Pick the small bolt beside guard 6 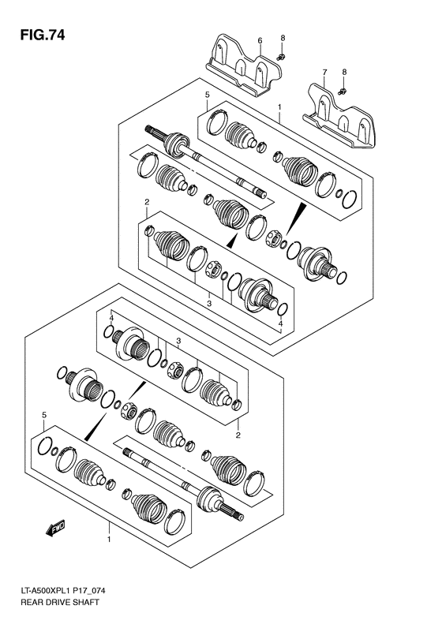click(282, 56)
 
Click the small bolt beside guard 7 click(343, 92)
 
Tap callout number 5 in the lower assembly click(44, 414)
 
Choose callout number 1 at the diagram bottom click(108, 540)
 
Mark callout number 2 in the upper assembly click(147, 203)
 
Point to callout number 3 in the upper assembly click(208, 302)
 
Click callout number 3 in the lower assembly click(179, 341)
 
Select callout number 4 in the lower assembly click(112, 318)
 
